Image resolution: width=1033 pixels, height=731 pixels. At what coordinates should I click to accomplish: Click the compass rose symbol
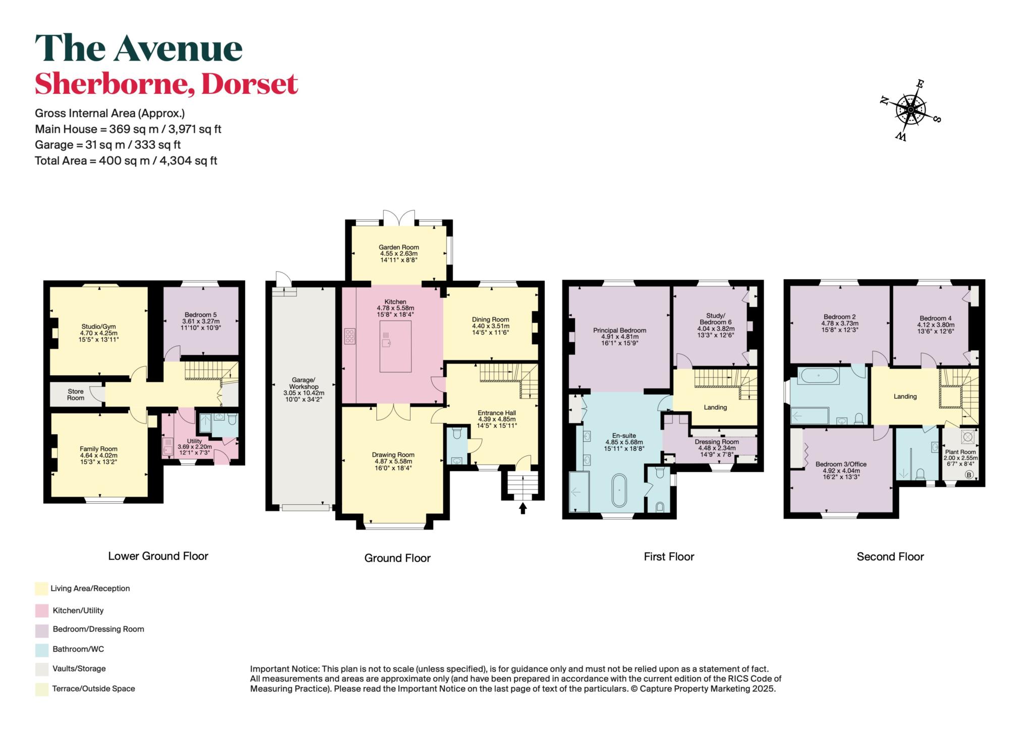click(x=911, y=110)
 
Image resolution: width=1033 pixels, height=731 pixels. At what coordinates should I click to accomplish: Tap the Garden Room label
click(x=399, y=247)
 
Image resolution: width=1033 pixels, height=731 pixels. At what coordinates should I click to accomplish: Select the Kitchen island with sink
click(x=395, y=346)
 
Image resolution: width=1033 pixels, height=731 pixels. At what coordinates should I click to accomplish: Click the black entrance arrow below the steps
click(x=523, y=508)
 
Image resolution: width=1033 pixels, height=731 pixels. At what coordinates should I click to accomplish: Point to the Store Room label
click(x=76, y=394)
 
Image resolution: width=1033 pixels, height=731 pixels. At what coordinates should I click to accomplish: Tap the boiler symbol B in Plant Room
click(x=968, y=475)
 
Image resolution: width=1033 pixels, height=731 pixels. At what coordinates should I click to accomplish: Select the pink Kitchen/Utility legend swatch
click(x=42, y=610)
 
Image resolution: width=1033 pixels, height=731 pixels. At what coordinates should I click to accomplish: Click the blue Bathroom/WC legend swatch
click(x=42, y=649)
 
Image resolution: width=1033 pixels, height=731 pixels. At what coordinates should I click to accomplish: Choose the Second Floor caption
click(x=890, y=557)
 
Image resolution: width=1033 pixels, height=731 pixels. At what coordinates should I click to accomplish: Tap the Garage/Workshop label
click(x=304, y=383)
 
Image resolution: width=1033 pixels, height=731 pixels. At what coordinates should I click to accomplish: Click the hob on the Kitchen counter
click(x=349, y=336)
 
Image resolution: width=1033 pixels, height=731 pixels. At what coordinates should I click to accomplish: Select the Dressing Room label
click(x=717, y=442)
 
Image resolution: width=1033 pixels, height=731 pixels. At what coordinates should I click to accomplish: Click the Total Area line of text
click(x=126, y=161)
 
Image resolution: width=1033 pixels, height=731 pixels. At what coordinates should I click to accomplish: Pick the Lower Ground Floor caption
click(x=158, y=556)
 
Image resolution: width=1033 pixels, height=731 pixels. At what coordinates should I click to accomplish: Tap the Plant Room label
click(x=960, y=452)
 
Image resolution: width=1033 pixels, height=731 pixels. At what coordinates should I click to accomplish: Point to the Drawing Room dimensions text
click(x=393, y=465)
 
